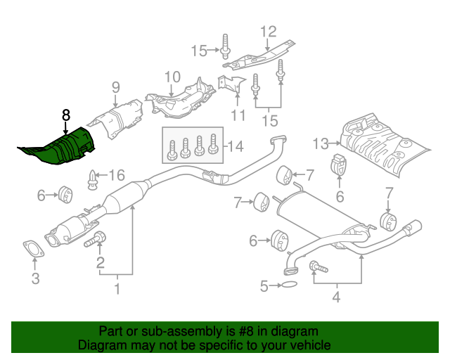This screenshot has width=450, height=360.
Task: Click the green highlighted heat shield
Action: tap(60, 148)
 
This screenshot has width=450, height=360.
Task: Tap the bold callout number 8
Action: tap(65, 115)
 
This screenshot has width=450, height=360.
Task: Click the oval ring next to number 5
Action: tap(288, 285)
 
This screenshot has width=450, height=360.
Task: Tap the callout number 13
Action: tap(321, 143)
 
